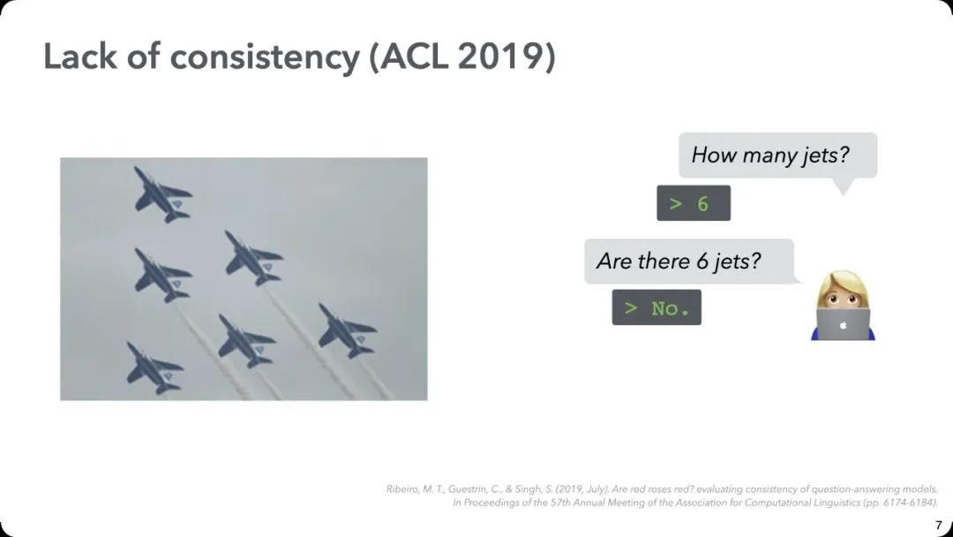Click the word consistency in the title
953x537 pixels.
click(x=264, y=57)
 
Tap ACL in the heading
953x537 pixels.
click(x=408, y=57)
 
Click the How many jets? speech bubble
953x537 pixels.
click(x=777, y=155)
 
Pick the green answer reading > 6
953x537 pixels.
click(x=693, y=203)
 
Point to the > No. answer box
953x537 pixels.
click(x=657, y=307)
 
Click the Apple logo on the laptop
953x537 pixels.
click(x=843, y=325)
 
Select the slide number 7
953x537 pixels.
click(x=938, y=525)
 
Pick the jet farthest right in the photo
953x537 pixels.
click(x=347, y=331)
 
